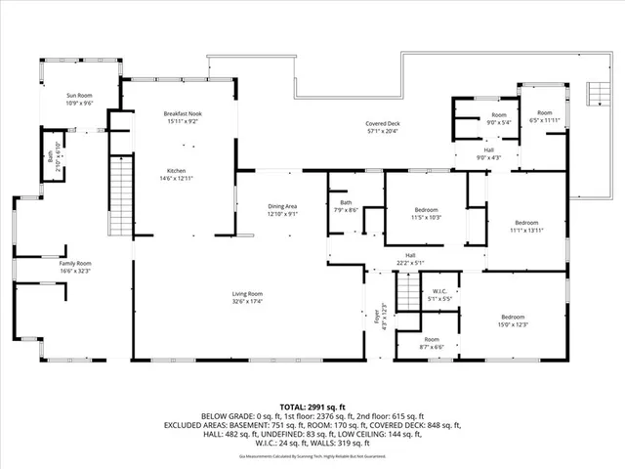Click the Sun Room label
coord(79,96)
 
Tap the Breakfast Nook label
coord(183,114)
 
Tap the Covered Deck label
coord(383,124)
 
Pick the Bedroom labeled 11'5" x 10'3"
coord(426,209)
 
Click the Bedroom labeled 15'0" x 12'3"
coord(514,318)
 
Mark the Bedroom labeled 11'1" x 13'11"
coord(526,223)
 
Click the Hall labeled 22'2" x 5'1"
coord(412,258)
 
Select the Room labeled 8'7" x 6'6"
coord(432,340)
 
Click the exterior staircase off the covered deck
coord(593,95)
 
